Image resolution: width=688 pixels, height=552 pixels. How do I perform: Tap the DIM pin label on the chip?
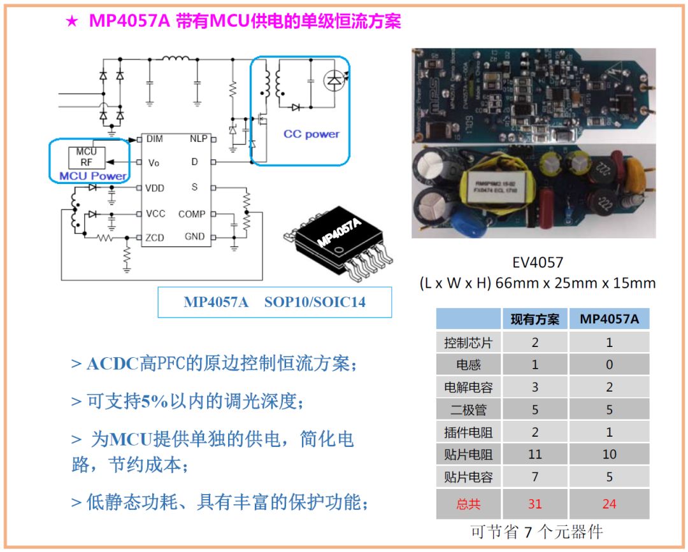154,138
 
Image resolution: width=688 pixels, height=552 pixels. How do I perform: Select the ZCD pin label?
155,237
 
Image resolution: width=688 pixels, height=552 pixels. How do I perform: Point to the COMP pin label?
192,214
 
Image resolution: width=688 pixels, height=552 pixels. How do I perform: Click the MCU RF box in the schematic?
86,157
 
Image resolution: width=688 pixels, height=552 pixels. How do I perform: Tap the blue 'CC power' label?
312,134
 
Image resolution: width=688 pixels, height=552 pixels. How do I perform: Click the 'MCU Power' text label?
93,176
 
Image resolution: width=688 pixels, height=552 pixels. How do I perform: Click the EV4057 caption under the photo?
538,262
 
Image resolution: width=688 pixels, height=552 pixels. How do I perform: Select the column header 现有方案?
534,319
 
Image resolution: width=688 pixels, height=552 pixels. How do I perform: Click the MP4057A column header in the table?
609,319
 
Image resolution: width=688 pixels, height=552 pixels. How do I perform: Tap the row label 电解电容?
468,387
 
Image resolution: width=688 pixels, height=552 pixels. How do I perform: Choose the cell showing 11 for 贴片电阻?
534,455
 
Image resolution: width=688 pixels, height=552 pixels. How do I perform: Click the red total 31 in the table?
534,504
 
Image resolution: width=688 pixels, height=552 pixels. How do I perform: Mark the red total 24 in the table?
609,504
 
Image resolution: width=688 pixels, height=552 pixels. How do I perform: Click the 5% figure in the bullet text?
154,401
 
